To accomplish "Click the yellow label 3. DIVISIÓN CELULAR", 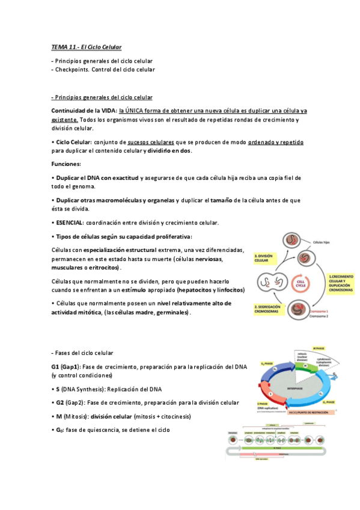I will click(x=264, y=257).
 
